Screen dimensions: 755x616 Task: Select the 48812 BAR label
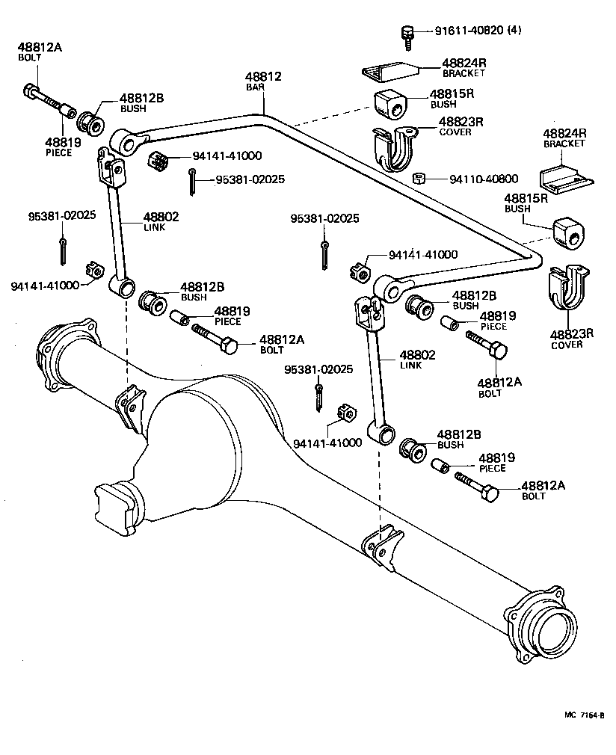click(x=263, y=81)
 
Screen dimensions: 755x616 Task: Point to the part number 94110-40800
click(x=484, y=179)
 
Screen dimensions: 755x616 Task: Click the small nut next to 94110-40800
click(x=419, y=179)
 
